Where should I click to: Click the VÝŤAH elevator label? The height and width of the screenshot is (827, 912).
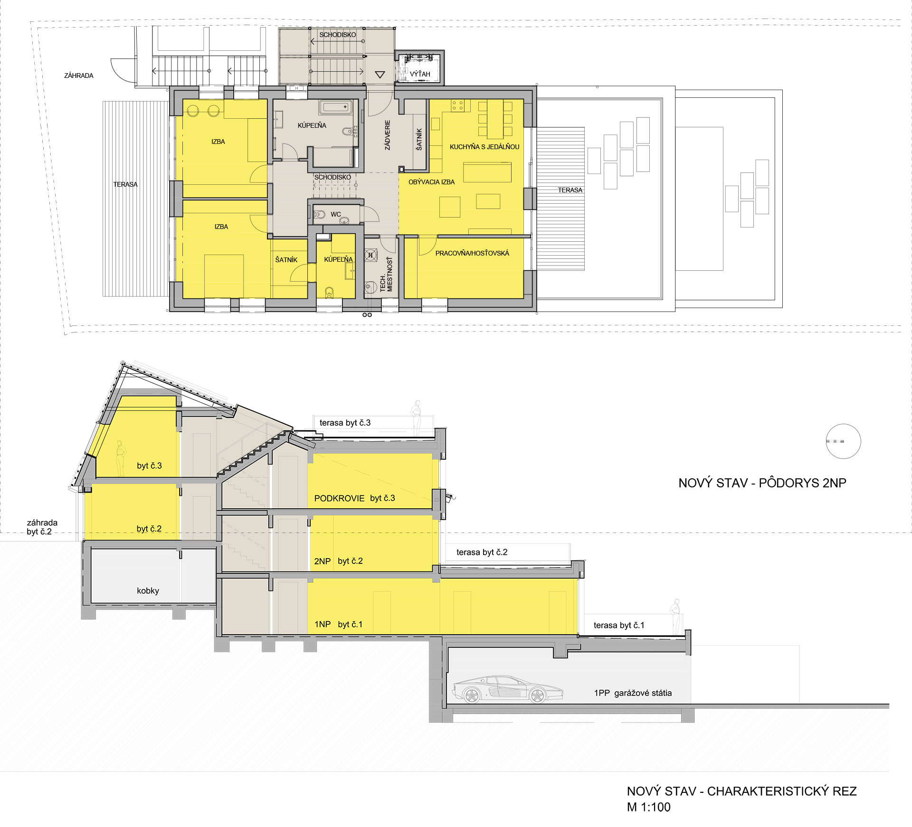(x=420, y=74)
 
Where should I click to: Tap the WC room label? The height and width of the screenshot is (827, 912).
(x=336, y=214)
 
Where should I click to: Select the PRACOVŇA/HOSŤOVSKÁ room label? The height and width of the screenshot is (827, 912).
(x=472, y=253)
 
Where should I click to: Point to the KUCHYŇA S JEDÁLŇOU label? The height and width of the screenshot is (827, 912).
(x=484, y=147)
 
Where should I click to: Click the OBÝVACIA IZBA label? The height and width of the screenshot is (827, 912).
(x=431, y=182)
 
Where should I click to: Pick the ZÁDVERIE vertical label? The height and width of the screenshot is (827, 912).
(x=388, y=135)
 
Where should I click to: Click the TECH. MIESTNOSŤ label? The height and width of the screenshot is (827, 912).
(x=386, y=275)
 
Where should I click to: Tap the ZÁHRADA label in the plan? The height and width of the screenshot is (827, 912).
(x=79, y=76)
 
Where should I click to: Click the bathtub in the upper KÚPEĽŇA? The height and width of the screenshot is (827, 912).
(x=336, y=107)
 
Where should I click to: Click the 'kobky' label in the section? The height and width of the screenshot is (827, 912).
(x=148, y=591)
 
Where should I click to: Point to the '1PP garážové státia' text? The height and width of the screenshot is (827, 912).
(x=633, y=693)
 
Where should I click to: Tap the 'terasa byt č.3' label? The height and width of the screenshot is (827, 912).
(x=345, y=423)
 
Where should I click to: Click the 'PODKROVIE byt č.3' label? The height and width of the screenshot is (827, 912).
(x=354, y=498)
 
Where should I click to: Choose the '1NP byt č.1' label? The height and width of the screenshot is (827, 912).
(x=338, y=624)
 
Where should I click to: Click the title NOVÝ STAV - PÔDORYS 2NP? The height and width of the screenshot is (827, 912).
(x=762, y=483)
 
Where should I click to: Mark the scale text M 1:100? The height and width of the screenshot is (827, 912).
(x=649, y=807)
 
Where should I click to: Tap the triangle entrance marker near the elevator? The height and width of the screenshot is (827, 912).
(x=380, y=75)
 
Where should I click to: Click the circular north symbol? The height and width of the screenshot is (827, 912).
(x=843, y=441)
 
